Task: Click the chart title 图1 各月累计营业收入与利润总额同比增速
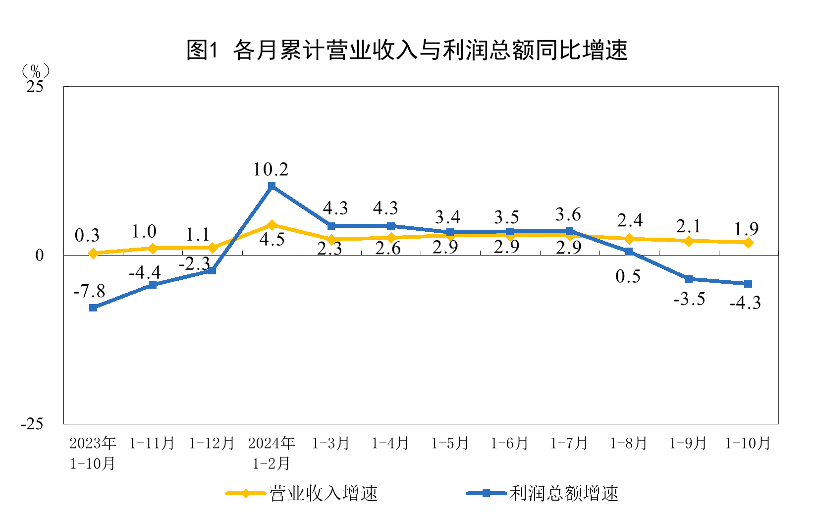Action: pyautogui.click(x=407, y=50)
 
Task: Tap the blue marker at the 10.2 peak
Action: pyautogui.click(x=272, y=186)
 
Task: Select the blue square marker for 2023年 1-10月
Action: pyautogui.click(x=93, y=308)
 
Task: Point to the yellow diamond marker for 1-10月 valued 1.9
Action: pyautogui.click(x=748, y=242)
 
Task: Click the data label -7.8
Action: pyautogui.click(x=89, y=291)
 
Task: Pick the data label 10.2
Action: pyautogui.click(x=271, y=170)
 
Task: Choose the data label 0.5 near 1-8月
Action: pyautogui.click(x=628, y=276)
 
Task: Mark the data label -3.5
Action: pyautogui.click(x=689, y=299)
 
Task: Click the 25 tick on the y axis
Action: pyautogui.click(x=35, y=87)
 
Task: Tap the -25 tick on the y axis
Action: pyautogui.click(x=32, y=424)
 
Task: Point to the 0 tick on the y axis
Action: pyautogui.click(x=39, y=256)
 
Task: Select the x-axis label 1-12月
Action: pyautogui.click(x=212, y=443)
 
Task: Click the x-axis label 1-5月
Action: pyautogui.click(x=450, y=443)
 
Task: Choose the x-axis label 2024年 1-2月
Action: pyautogui.click(x=272, y=453)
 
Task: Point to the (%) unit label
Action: pyautogui.click(x=35, y=71)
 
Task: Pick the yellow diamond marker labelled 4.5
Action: pyautogui.click(x=272, y=225)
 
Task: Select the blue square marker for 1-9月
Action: pyautogui.click(x=688, y=279)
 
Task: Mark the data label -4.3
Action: pyautogui.click(x=745, y=303)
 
